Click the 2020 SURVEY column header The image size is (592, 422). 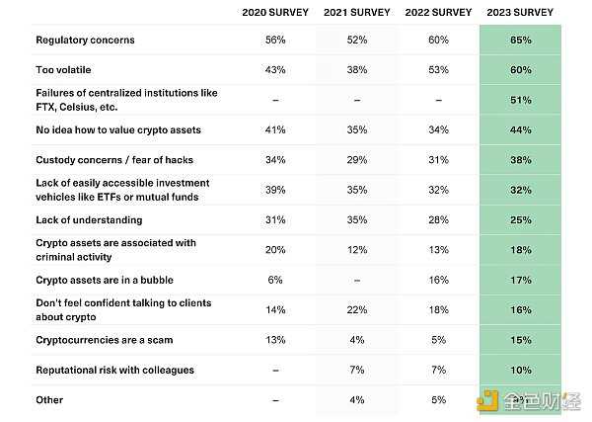coord(275,13)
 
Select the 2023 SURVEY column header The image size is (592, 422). coord(521,13)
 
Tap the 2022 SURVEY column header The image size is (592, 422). coord(439,13)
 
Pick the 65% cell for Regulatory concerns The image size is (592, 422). coord(521,41)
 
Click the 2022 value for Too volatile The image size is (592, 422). coord(439,70)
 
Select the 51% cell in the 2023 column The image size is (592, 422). coord(521,100)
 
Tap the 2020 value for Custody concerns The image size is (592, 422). coord(275,160)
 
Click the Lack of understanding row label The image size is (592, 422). coord(89,220)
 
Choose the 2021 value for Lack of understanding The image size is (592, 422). coord(357,220)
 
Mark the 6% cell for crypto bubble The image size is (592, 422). coord(275,281)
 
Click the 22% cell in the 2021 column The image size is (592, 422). coord(357,310)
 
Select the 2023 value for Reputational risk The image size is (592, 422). coord(521,370)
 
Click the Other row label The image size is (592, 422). coord(49,400)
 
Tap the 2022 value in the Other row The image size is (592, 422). coord(439,400)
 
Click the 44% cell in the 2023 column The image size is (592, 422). coord(521,130)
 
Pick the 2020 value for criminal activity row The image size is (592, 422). coord(275,250)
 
